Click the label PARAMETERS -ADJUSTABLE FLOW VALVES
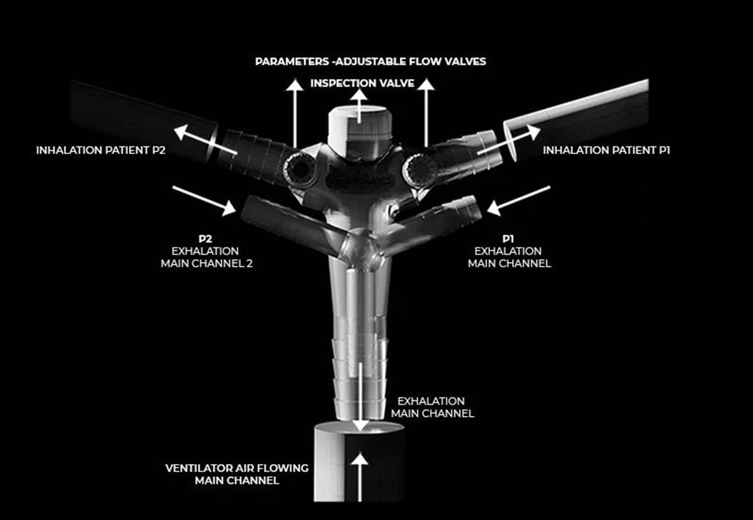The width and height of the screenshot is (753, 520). click(370, 62)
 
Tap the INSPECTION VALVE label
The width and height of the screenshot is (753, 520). click(362, 83)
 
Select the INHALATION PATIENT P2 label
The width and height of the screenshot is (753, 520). click(101, 151)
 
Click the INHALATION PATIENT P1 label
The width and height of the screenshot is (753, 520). click(607, 151)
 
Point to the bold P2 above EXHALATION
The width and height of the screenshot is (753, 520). click(205, 239)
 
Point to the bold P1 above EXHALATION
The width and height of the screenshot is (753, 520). click(508, 239)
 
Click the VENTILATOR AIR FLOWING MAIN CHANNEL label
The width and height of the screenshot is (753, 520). click(237, 474)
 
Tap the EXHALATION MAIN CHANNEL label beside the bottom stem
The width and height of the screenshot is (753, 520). click(432, 407)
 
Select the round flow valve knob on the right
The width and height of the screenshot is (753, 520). click(420, 170)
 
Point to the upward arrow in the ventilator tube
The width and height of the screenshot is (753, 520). click(360, 478)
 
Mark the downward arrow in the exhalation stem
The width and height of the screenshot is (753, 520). click(360, 397)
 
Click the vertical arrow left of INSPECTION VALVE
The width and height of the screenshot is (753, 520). click(295, 113)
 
